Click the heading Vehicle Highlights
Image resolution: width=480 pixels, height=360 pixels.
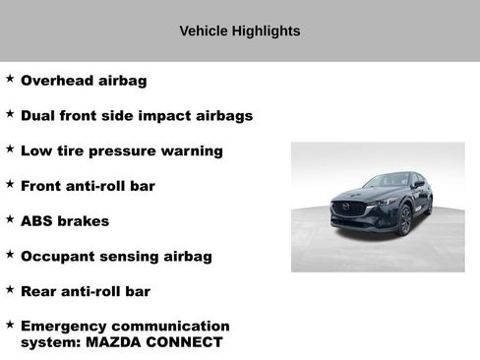click(x=239, y=31)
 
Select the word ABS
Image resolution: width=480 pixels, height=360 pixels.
click(x=37, y=221)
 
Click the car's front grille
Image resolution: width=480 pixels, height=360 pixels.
click(x=347, y=210)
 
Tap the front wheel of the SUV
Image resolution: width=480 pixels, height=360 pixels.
click(x=404, y=220)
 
